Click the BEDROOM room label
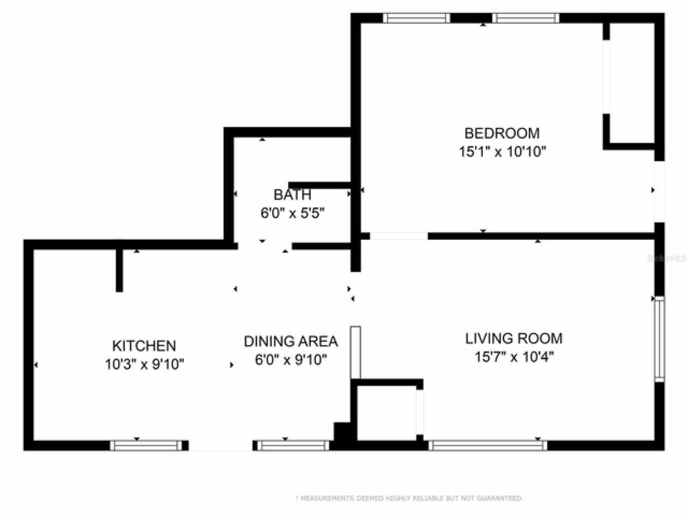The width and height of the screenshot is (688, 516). pos(501,133)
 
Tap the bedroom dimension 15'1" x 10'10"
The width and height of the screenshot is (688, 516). pos(501,152)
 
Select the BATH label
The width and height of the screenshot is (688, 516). pos(292,195)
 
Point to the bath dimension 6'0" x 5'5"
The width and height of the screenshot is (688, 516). pos(292,213)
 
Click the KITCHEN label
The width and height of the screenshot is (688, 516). pos(144,346)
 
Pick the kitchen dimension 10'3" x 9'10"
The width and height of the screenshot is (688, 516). pos(144,364)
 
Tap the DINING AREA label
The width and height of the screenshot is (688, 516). pos(291,341)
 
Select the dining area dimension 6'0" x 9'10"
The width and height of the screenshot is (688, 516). pos(291,360)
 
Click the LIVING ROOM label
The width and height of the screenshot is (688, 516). pos(513,339)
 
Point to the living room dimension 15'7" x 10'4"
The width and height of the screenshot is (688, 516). pos(514,357)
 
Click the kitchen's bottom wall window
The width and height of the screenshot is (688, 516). pos(146,445)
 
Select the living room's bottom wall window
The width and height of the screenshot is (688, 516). pos(488,445)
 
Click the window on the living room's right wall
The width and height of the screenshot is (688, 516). pos(659,339)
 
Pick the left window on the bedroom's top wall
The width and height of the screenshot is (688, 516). pos(417,18)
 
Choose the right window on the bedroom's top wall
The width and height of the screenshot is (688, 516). pos(526,18)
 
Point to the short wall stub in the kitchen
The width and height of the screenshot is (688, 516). pos(119,270)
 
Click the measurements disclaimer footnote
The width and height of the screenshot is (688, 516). pos(408,499)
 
